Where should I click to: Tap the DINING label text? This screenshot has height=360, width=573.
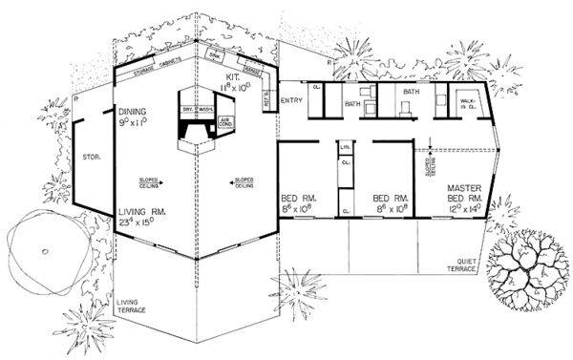[131, 111]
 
